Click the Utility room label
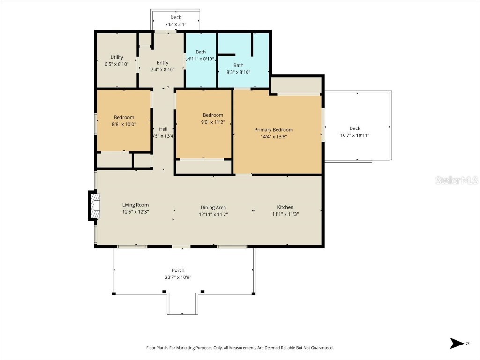(x=117, y=57)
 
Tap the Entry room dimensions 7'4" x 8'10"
(x=163, y=69)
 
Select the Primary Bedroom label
(x=274, y=130)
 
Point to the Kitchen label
(x=285, y=207)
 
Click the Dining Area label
(x=214, y=207)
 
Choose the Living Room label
(x=135, y=205)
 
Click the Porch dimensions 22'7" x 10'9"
(x=178, y=277)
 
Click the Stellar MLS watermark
(x=456, y=180)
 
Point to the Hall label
(x=163, y=129)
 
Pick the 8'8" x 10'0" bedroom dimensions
(x=124, y=124)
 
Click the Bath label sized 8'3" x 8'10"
(x=239, y=65)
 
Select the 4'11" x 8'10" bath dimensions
(x=201, y=59)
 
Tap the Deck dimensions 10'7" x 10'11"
(x=355, y=135)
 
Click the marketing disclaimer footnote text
(x=240, y=348)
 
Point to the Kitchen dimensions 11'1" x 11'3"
(x=285, y=214)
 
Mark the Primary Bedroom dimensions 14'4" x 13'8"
(x=274, y=136)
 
